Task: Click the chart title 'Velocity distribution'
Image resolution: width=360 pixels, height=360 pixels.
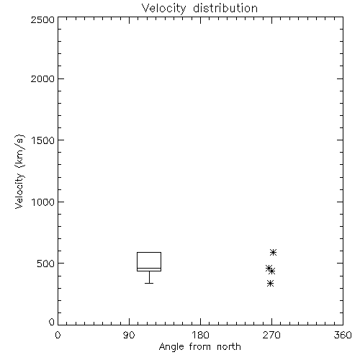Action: pos(199,9)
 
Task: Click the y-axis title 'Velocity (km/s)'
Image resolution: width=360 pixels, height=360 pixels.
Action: pos(19,171)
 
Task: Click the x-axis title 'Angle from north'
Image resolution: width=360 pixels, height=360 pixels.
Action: pos(200,347)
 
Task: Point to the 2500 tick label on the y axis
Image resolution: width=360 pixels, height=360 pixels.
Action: pos(42,19)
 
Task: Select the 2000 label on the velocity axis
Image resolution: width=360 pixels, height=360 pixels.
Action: pos(42,78)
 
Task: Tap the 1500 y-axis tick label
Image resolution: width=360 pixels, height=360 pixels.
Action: pos(43,140)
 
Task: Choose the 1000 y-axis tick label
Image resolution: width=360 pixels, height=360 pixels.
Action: pos(43,202)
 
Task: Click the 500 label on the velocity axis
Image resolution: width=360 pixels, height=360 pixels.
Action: pos(46,264)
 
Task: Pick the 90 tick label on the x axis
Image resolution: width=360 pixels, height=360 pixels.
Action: pos(129,335)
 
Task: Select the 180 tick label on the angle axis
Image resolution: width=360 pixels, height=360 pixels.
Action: pos(200,335)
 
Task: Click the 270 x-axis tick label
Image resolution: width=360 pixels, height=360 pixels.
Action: pos(271,335)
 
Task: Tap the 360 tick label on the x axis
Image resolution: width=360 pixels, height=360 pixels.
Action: pos(343,335)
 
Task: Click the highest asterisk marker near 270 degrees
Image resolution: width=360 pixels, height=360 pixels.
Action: pos(273,252)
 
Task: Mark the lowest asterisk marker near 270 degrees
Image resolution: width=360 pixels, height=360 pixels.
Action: pos(271,284)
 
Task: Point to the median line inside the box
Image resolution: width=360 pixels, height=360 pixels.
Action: pos(149,268)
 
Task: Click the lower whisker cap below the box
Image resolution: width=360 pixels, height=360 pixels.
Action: pos(149,283)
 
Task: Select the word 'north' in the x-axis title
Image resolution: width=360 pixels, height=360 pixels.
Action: pos(229,347)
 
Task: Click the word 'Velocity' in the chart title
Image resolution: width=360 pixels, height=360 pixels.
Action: pos(163,9)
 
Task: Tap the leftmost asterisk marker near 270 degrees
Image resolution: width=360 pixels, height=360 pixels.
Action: pos(269,268)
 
